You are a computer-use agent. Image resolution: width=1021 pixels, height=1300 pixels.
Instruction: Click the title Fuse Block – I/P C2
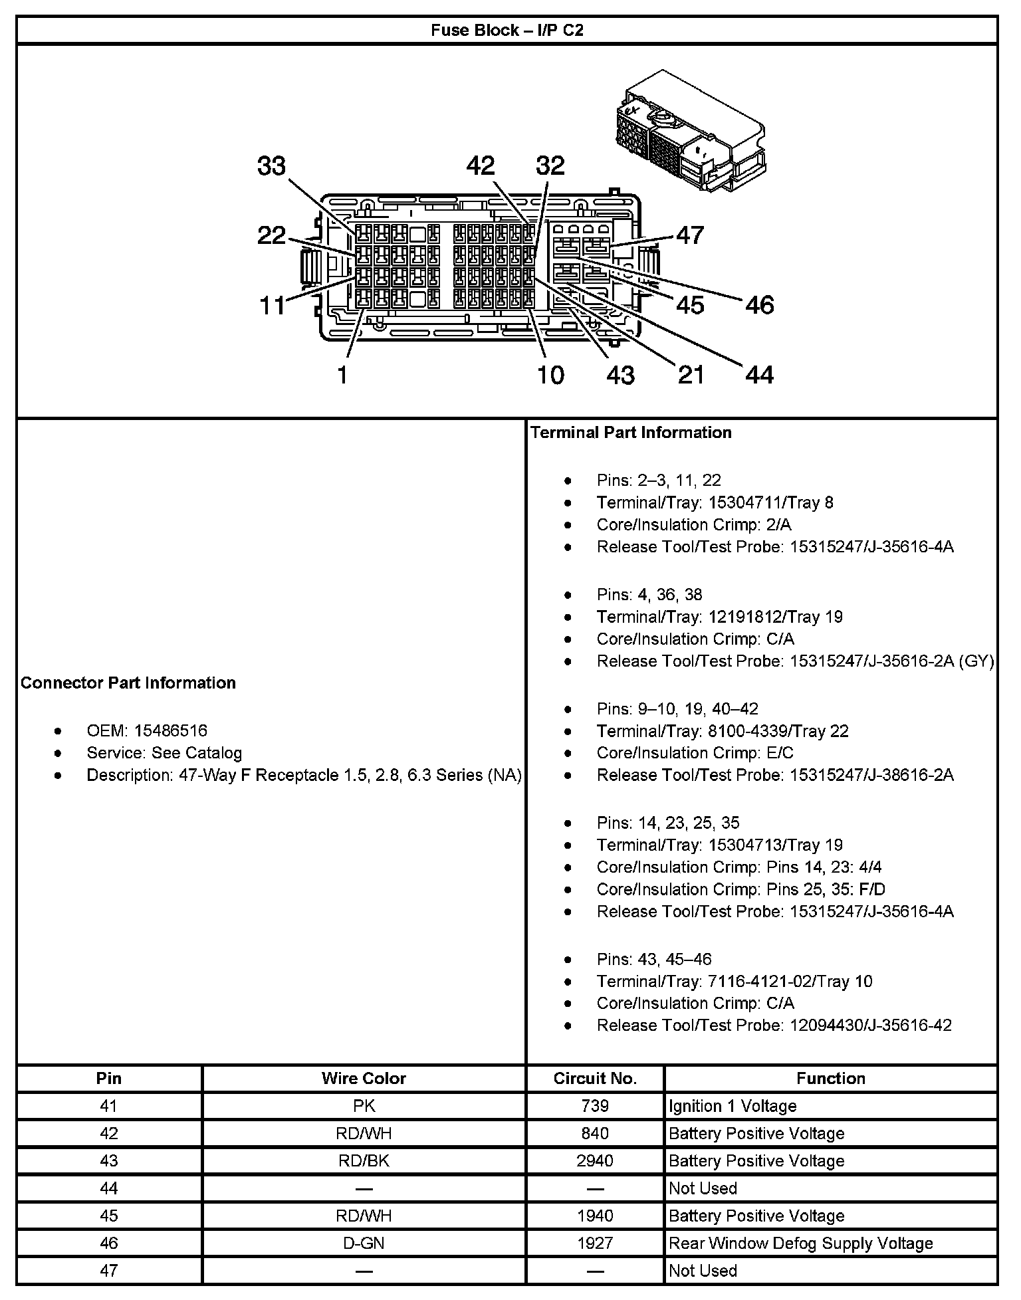pyautogui.click(x=507, y=31)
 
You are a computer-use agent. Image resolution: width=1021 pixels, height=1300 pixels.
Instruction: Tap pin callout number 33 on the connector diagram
pyautogui.click(x=271, y=166)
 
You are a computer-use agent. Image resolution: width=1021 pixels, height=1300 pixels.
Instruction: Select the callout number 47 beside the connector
pyautogui.click(x=690, y=235)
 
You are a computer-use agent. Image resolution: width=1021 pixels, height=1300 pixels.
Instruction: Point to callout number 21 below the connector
pyautogui.click(x=691, y=375)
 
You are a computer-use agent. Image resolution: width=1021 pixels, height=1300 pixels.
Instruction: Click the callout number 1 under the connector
pyautogui.click(x=342, y=376)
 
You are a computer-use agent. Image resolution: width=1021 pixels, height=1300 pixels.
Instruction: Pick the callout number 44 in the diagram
pyautogui.click(x=760, y=375)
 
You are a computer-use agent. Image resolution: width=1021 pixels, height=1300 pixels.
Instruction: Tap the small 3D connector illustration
pyautogui.click(x=689, y=133)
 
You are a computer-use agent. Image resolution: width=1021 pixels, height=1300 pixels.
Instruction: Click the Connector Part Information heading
pyautogui.click(x=128, y=683)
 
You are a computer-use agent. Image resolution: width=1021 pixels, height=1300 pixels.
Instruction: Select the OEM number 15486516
pyautogui.click(x=171, y=730)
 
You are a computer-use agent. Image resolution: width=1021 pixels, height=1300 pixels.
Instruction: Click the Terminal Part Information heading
pyautogui.click(x=631, y=433)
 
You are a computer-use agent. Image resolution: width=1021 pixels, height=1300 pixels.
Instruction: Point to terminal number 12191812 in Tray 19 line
pyautogui.click(x=745, y=617)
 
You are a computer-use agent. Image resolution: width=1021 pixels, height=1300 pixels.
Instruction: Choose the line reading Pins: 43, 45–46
pyautogui.click(x=654, y=959)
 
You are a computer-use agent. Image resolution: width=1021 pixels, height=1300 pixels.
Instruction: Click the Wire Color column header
pyautogui.click(x=364, y=1078)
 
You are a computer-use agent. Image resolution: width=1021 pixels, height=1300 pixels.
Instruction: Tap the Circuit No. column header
pyautogui.click(x=595, y=1078)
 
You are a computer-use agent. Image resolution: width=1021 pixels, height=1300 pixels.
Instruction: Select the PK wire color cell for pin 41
pyautogui.click(x=364, y=1106)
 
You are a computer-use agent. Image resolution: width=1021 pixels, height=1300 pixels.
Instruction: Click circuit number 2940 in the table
pyautogui.click(x=595, y=1160)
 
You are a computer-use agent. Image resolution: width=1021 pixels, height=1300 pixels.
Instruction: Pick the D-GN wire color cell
pyautogui.click(x=364, y=1243)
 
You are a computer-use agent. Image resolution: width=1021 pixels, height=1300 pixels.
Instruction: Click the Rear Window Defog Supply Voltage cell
pyautogui.click(x=800, y=1243)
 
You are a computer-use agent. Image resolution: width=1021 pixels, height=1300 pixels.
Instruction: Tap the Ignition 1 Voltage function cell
pyautogui.click(x=733, y=1106)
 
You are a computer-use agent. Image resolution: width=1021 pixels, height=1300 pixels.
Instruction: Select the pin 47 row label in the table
pyautogui.click(x=108, y=1270)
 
